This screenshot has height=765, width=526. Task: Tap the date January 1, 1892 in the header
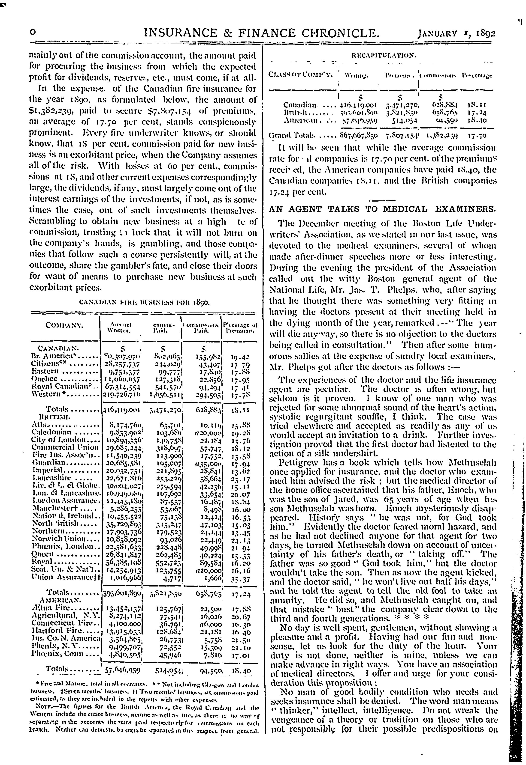pos(457,34)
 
